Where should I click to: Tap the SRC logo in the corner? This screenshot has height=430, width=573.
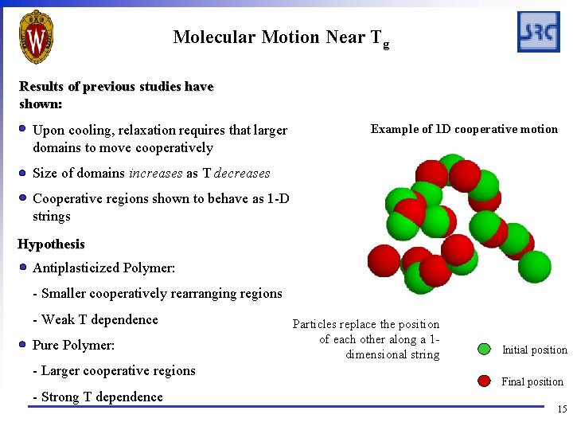(x=538, y=32)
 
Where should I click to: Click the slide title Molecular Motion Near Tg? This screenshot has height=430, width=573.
(x=280, y=37)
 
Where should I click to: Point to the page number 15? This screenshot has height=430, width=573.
(x=562, y=409)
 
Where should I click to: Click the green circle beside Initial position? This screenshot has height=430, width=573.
(x=484, y=349)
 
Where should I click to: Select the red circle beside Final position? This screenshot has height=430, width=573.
(x=484, y=381)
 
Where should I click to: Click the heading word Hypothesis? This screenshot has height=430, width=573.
(x=51, y=244)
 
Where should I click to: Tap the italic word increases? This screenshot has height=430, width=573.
(x=157, y=173)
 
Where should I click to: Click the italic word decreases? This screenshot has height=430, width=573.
(x=242, y=173)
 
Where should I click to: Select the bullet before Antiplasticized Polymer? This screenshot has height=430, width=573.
(x=24, y=268)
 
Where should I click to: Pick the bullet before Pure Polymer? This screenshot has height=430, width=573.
(x=24, y=345)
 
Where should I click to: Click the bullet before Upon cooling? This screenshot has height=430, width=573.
(x=24, y=129)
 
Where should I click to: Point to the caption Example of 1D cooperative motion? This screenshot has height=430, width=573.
(x=464, y=129)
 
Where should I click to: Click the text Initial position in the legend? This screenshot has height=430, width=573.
(x=534, y=350)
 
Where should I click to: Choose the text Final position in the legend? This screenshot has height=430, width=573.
(x=532, y=381)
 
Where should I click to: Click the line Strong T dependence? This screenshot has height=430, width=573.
(x=98, y=397)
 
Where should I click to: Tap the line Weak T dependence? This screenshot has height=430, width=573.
(x=95, y=319)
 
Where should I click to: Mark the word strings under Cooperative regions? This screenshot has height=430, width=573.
(x=52, y=217)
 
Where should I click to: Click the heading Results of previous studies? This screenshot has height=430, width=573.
(x=116, y=86)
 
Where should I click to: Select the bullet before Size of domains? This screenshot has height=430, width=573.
(x=24, y=173)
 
